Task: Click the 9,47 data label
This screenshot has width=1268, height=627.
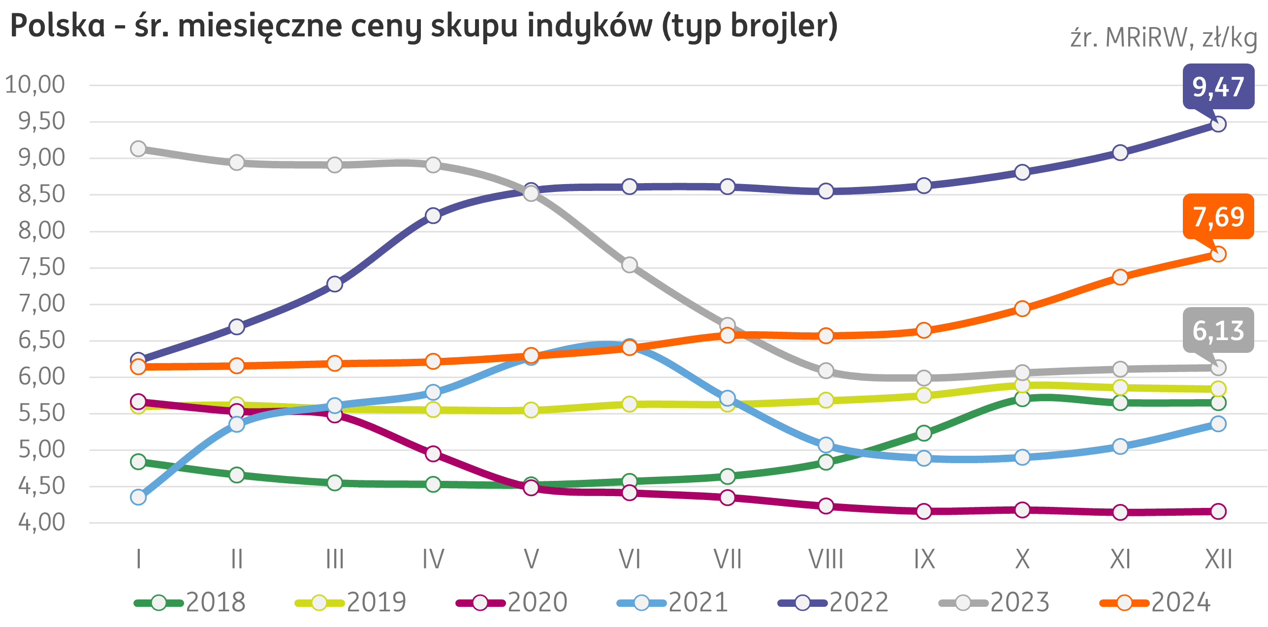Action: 1218,87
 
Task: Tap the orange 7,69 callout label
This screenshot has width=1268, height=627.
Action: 1218,217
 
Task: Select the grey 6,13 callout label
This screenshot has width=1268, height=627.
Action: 1218,330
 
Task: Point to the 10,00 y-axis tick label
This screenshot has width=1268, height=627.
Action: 35,85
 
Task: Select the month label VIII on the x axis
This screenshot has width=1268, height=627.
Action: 826,560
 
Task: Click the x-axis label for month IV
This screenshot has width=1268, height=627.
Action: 433,560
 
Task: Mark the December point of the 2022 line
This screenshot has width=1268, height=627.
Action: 1218,124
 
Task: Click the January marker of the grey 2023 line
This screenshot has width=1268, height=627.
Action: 138,149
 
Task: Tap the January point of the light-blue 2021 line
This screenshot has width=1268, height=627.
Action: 138,498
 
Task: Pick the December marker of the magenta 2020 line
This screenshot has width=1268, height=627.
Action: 1218,511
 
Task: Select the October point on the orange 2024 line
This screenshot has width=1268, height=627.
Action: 1022,309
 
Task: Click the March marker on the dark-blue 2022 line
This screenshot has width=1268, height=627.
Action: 335,284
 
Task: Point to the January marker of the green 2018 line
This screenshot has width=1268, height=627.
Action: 138,462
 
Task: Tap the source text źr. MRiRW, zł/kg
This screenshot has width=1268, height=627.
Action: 1164,38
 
